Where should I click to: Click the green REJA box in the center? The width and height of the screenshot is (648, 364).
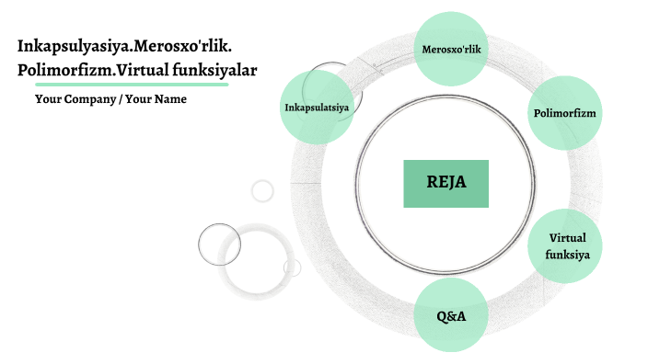(445, 183)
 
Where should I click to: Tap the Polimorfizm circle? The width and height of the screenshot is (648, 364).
(565, 113)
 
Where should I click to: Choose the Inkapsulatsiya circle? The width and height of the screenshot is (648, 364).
(316, 107)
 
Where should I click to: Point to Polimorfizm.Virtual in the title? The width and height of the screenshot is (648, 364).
(76, 70)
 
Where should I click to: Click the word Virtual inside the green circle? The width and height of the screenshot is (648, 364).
(567, 239)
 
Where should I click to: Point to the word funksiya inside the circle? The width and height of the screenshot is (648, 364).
(567, 255)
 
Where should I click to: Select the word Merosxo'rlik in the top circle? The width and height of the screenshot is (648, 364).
(453, 48)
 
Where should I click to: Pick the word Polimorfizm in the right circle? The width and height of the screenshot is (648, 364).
(565, 113)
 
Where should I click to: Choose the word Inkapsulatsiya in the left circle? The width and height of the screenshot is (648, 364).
(316, 108)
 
